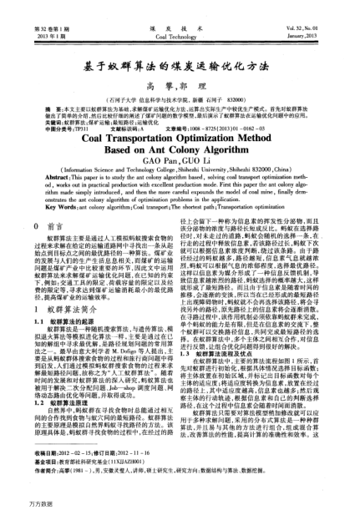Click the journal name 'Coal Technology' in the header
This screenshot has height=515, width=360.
pyautogui.click(x=180, y=14)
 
